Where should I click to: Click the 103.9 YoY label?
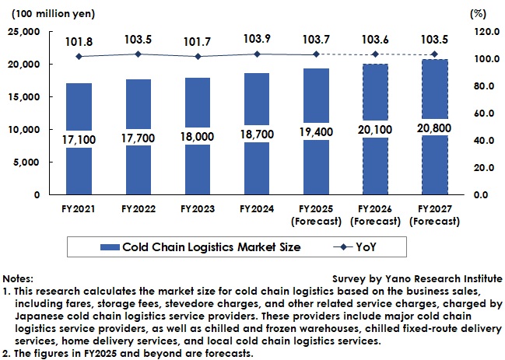(256, 38)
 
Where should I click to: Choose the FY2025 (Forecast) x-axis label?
(315, 215)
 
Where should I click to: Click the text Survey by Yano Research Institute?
(417, 278)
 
